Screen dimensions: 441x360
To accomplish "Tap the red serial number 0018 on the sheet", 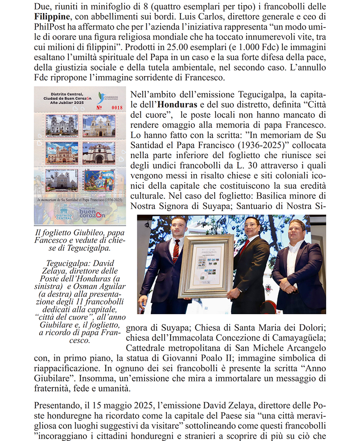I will click(x=117, y=108).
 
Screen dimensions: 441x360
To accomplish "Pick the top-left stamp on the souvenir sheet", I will click(x=62, y=125).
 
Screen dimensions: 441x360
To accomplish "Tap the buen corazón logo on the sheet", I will click(x=92, y=213).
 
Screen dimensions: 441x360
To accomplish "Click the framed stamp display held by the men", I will click(x=207, y=265).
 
